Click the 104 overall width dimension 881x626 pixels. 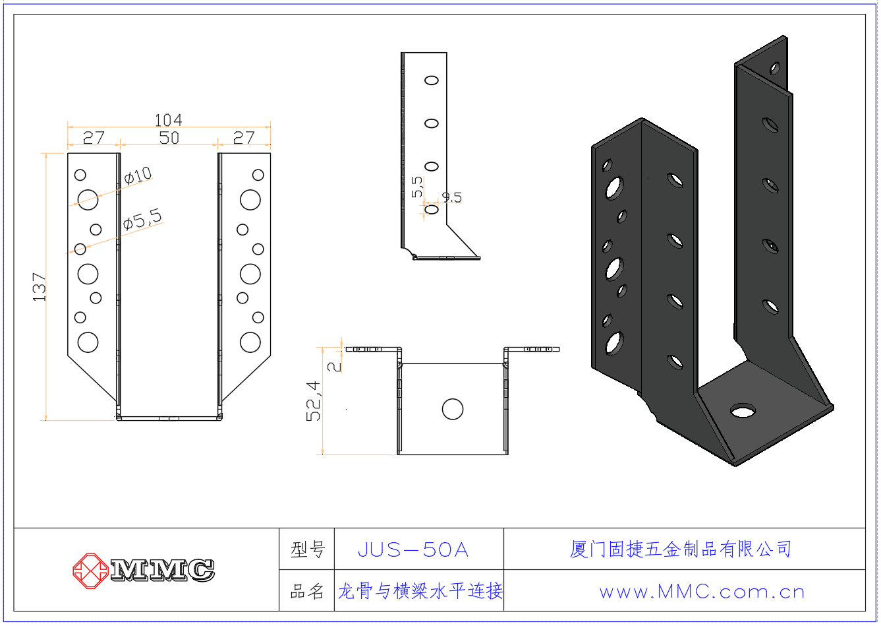pyautogui.click(x=168, y=120)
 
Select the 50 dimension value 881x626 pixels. pyautogui.click(x=169, y=137)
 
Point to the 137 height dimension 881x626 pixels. pyautogui.click(x=40, y=287)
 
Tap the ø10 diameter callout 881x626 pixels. pyautogui.click(x=138, y=175)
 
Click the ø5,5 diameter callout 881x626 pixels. pyautogui.click(x=142, y=219)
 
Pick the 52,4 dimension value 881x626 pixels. pyautogui.click(x=314, y=401)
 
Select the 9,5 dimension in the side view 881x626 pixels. pyautogui.click(x=452, y=197)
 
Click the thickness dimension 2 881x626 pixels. pyautogui.click(x=335, y=364)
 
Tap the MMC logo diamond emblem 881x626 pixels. pyautogui.click(x=90, y=571)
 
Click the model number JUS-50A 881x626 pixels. pyautogui.click(x=413, y=549)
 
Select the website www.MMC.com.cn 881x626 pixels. pyautogui.click(x=702, y=592)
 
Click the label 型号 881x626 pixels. pyautogui.click(x=308, y=549)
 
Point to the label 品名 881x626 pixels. pyautogui.click(x=308, y=591)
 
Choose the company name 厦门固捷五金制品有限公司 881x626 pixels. pyautogui.click(x=681, y=549)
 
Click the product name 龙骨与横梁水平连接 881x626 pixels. pyautogui.click(x=420, y=591)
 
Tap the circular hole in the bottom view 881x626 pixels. pyautogui.click(x=453, y=409)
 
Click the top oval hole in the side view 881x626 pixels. pyautogui.click(x=432, y=80)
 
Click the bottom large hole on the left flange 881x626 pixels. pyautogui.click(x=88, y=342)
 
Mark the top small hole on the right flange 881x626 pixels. pyautogui.click(x=258, y=175)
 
